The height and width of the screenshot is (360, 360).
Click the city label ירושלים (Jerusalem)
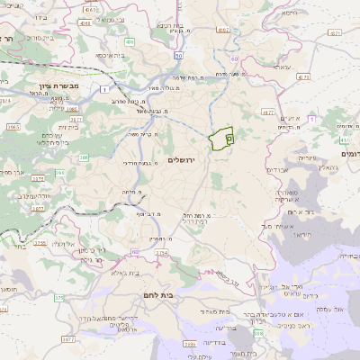(x=182, y=159)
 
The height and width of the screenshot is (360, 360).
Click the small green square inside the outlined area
(x=229, y=139)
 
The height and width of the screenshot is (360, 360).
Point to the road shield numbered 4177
(x=266, y=112)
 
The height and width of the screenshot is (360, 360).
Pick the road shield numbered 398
(x=260, y=333)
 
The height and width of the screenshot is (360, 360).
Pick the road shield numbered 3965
(x=13, y=128)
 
